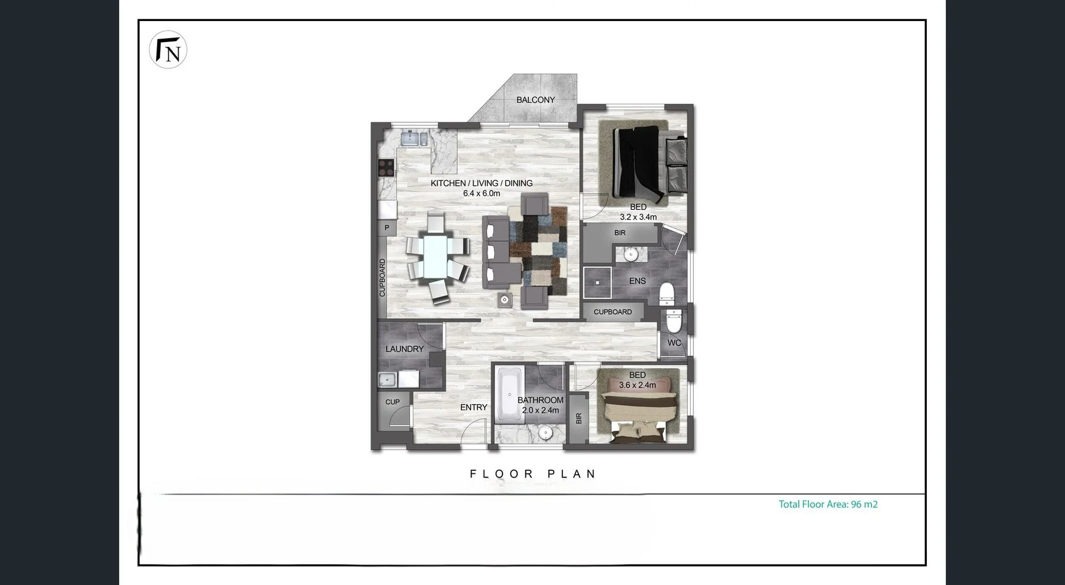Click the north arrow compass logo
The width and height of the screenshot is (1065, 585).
168,49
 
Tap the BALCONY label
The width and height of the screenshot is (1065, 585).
535,100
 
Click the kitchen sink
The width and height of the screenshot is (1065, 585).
414,138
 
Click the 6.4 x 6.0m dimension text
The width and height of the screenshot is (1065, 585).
481,194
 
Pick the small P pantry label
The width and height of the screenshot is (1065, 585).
387,228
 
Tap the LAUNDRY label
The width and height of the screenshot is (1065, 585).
404,349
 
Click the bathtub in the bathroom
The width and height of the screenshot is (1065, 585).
509,394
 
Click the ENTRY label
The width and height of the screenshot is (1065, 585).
474,407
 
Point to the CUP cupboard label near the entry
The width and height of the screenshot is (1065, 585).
392,402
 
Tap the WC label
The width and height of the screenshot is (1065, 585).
674,343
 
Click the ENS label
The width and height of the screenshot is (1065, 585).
637,281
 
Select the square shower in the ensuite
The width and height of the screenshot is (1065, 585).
597,283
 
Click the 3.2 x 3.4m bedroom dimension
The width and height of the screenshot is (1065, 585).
638,217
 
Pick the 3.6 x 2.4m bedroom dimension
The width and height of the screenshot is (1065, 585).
637,385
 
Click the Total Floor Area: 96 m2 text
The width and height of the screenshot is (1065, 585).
828,505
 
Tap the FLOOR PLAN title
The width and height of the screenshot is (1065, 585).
532,474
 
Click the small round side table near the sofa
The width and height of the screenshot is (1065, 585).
505,300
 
